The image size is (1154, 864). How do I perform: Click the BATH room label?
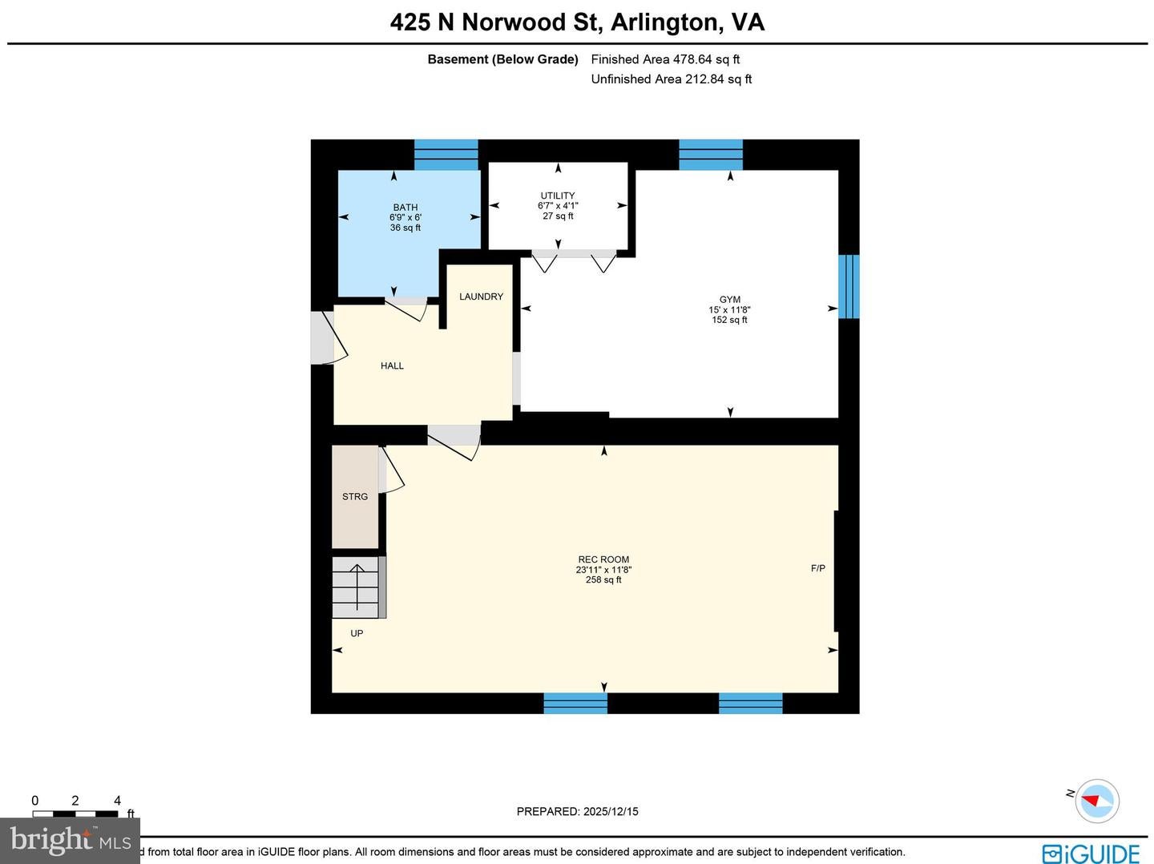point(406,208)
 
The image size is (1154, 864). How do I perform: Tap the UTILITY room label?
point(558,196)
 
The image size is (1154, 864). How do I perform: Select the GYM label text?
point(729,300)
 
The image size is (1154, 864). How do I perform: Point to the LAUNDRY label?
point(481,297)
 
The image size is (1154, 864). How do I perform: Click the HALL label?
point(392,365)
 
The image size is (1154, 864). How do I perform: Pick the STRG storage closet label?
point(355,497)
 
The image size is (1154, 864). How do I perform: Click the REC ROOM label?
point(603,559)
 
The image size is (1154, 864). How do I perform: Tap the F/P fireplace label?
point(817,568)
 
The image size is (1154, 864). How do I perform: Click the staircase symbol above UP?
point(357,589)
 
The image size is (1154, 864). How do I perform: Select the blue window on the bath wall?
point(446,154)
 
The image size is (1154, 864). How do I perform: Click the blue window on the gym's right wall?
point(849,286)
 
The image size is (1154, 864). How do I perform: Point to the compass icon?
point(1096,800)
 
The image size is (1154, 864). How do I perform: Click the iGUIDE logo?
point(1091,853)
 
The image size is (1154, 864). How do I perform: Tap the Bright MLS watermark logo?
point(70,840)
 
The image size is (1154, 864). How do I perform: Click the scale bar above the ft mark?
point(75,814)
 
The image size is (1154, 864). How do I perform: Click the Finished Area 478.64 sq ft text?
point(665,59)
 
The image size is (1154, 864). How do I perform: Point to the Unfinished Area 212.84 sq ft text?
point(671,79)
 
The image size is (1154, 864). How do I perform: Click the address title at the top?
point(577,22)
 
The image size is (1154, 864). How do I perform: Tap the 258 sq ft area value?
point(603,579)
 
